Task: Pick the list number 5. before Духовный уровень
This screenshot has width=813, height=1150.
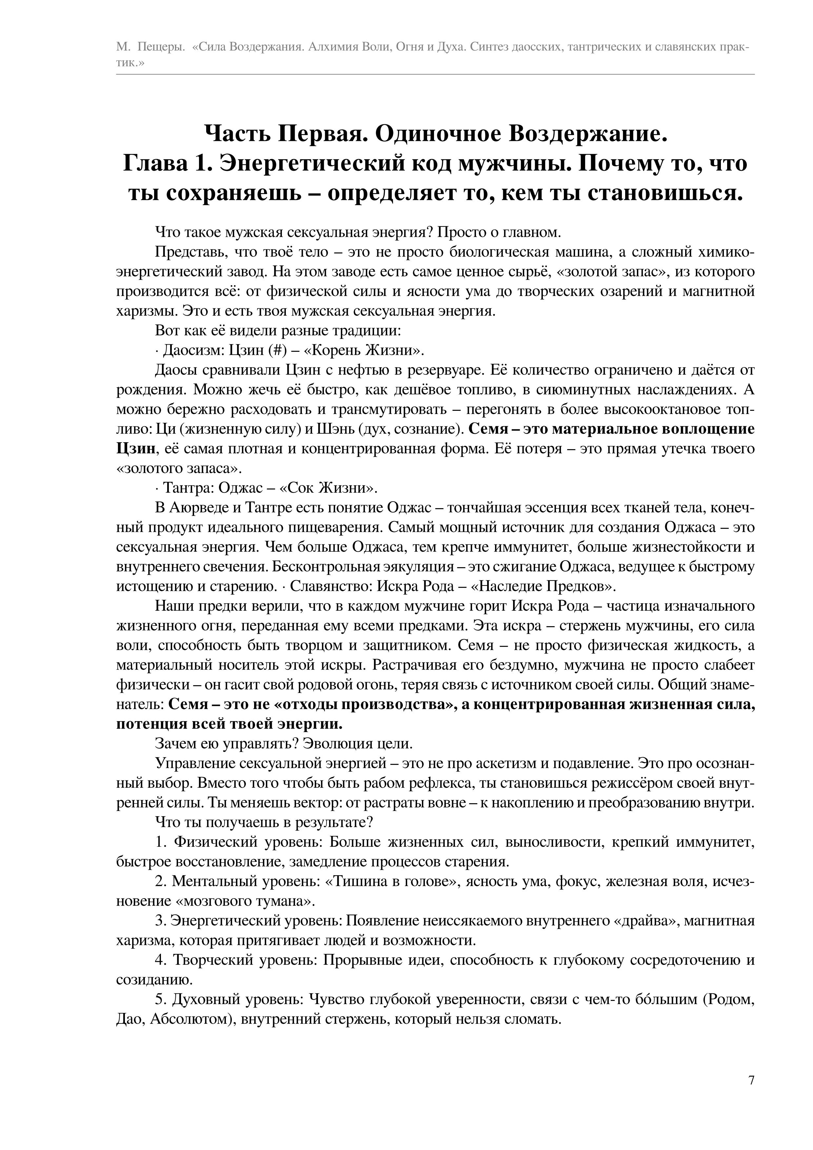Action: (160, 1000)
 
